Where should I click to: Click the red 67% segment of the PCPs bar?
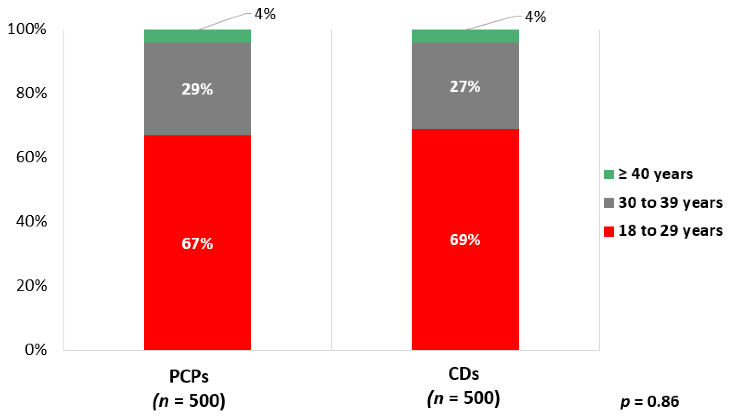197,243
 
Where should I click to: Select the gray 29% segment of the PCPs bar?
197,89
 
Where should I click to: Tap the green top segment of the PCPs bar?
197,36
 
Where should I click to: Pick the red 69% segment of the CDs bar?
465,240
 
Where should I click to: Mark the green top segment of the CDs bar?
465,36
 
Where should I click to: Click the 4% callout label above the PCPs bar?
265,14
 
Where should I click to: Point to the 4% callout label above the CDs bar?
535,17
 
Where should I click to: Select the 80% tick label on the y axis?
31,93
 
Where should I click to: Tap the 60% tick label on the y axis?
31,157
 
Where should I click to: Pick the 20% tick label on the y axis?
31,285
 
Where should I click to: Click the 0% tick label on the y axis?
36,349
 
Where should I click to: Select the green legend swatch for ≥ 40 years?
609,174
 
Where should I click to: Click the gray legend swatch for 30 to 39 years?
609,203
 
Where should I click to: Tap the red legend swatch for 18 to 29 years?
609,231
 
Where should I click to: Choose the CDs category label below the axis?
464,374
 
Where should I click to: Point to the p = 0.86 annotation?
650,401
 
